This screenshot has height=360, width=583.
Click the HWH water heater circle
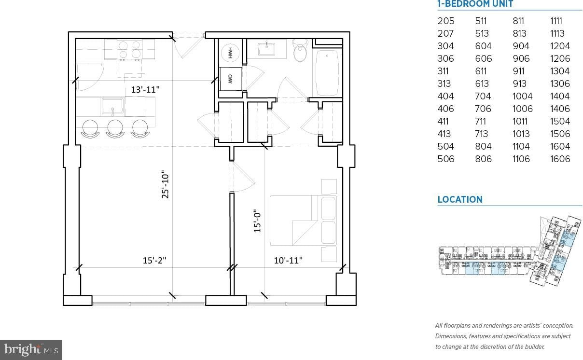pos(230,53)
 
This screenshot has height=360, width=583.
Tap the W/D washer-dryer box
pos(231,79)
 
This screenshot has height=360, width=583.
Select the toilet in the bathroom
pos(300,51)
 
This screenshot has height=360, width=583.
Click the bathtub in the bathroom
pos(327,73)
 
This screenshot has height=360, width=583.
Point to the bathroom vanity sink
pos(266,49)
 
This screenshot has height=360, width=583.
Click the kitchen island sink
pos(112,106)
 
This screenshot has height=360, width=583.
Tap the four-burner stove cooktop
pos(129,49)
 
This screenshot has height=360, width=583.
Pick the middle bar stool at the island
pos(115,128)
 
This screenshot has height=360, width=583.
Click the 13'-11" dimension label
pos(145,90)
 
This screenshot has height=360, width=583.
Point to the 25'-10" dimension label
pos(166,184)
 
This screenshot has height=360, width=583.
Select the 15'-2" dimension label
pos(154,260)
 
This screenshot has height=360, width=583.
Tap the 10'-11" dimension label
pos(288,260)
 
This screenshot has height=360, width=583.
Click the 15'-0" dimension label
pos(257,221)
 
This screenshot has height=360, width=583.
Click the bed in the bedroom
pos(303,221)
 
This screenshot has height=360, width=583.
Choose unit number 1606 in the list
pos(560,159)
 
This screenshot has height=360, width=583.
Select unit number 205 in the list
pos(446,21)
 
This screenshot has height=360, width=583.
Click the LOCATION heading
pos(460,199)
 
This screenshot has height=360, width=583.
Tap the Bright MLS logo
pos(31,349)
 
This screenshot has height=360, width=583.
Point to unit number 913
pos(519,83)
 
